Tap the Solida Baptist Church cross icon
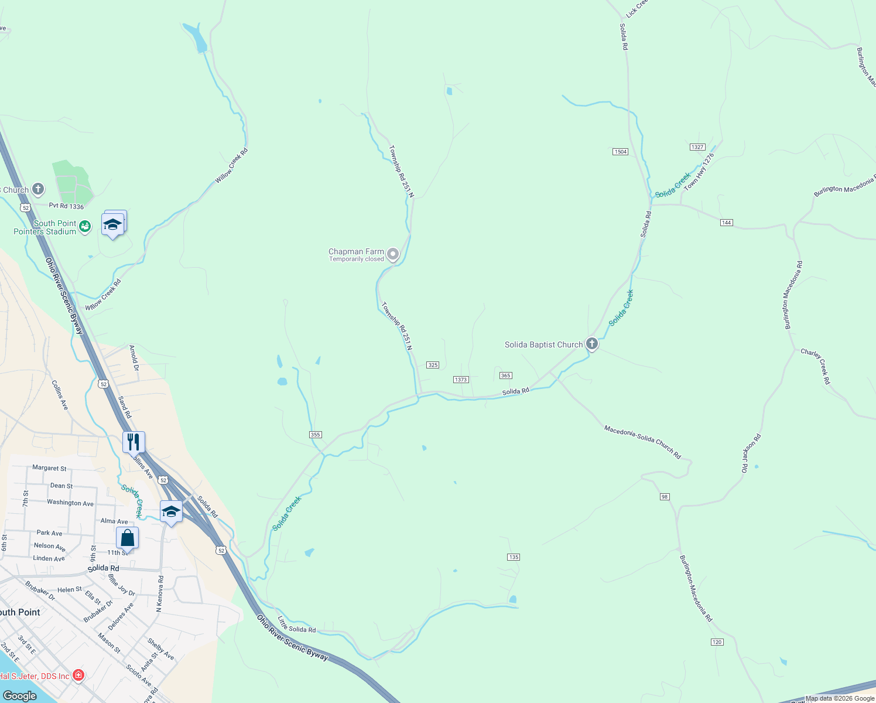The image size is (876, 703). tap(592, 344)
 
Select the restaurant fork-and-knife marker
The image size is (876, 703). tap(134, 442)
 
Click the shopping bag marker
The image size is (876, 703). tap(127, 537)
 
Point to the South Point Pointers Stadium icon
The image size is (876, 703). tap(85, 227)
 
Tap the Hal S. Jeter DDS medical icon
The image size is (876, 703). tap(78, 675)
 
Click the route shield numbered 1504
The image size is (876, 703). tap(620, 152)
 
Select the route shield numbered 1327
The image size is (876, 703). tap(697, 147)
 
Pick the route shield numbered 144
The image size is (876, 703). tap(726, 223)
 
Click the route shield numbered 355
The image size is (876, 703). tap(315, 435)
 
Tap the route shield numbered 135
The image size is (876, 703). tap(514, 557)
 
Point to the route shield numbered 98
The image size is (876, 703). tap(664, 497)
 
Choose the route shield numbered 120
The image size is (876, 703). tap(717, 642)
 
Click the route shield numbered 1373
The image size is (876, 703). tap(461, 380)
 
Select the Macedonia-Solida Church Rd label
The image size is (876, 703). tap(642, 442)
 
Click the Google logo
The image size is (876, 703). tap(19, 696)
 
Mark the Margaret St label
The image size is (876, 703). tap(49, 468)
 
